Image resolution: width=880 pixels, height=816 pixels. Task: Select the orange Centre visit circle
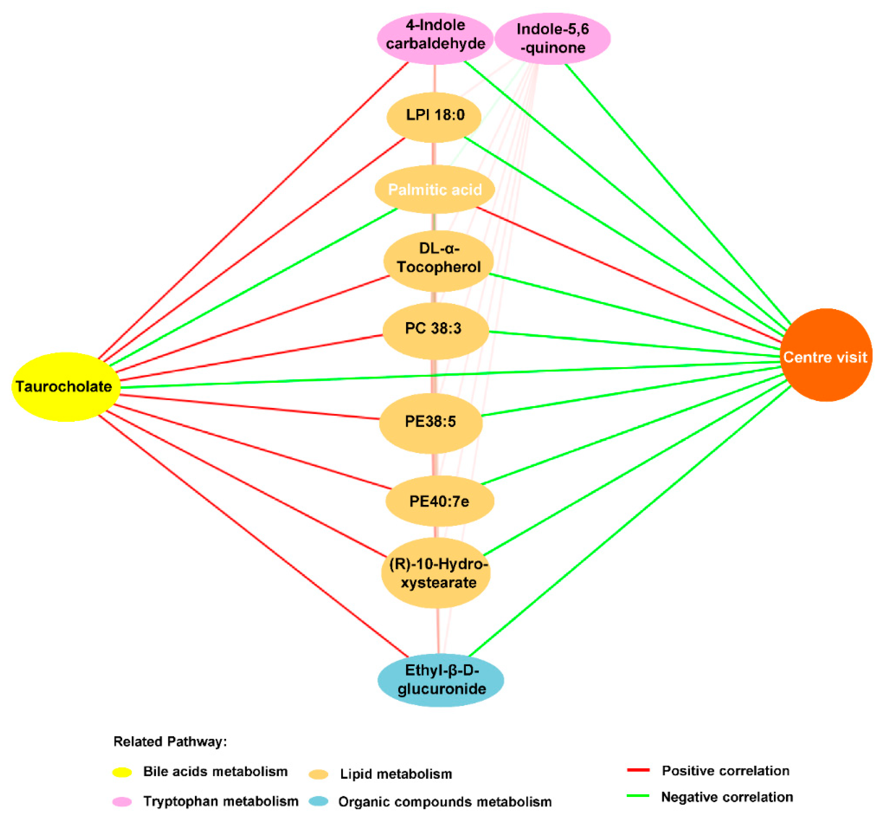click(825, 356)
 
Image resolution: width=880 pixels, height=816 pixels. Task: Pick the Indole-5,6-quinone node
click(552, 38)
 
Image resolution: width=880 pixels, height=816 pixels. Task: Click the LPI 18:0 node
click(434, 117)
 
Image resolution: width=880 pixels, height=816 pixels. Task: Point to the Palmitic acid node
click(435, 189)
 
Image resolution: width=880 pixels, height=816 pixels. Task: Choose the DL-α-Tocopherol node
click(438, 260)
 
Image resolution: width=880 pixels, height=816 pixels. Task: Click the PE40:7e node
click(439, 501)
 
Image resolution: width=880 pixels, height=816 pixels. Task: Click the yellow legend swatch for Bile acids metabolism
click(122, 772)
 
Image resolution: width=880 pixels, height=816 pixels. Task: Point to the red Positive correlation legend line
click(638, 770)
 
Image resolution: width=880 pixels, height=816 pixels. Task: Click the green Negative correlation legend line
click(638, 796)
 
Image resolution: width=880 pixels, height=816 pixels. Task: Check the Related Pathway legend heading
click(170, 741)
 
